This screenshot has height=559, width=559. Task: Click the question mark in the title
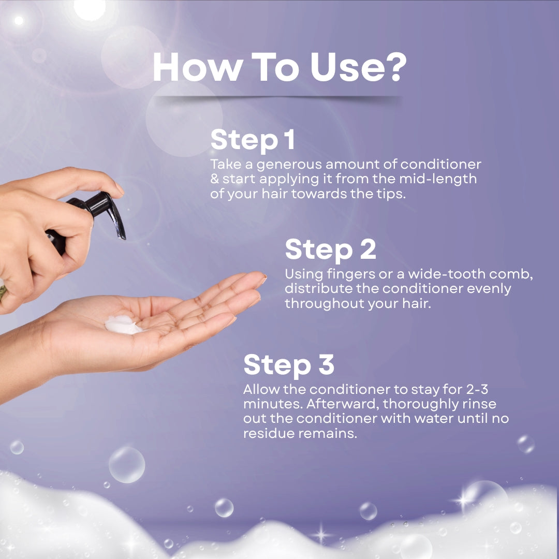tap(394, 68)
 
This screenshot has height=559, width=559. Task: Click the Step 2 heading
tap(330, 249)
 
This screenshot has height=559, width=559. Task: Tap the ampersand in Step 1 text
tap(214, 179)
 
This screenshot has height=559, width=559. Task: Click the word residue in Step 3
tap(268, 434)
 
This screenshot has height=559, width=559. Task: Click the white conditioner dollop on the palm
tap(122, 326)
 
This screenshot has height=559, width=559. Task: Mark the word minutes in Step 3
tap(269, 404)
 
